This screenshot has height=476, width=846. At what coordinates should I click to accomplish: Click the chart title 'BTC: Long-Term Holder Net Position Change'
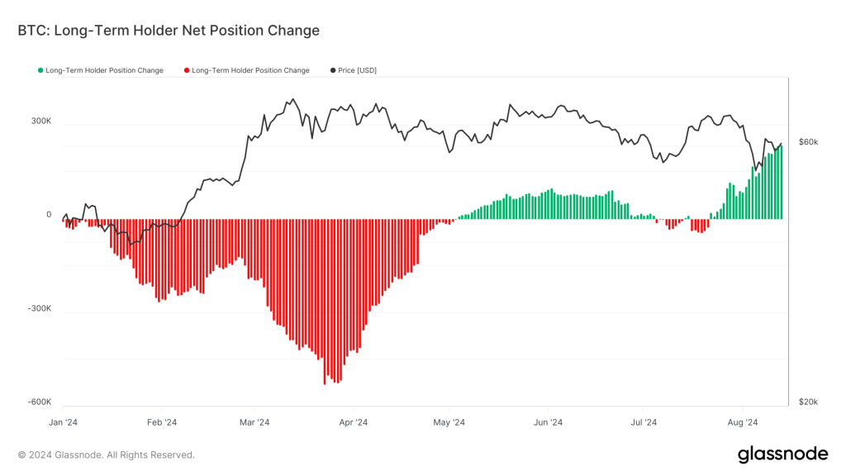coord(169,31)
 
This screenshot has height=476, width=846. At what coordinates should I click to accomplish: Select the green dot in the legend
coord(40,71)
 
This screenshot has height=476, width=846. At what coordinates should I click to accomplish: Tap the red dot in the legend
coord(187,71)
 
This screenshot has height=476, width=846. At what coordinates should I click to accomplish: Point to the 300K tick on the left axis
coord(41,121)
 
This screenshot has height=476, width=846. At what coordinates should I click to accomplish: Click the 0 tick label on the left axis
coord(49,215)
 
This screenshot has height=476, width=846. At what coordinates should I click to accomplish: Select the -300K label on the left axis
coord(40,308)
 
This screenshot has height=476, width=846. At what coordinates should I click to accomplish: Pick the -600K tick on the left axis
coord(40,402)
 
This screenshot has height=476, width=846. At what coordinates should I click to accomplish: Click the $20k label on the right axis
coord(808,402)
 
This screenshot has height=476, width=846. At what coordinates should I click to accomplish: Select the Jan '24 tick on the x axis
coord(64,423)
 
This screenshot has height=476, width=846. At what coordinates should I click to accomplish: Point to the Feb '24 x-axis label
coord(161,423)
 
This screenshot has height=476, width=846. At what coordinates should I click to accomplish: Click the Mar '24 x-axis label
coord(254,423)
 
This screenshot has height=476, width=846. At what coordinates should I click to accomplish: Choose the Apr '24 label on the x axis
coord(353,423)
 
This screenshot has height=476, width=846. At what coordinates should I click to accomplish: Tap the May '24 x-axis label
coord(449,423)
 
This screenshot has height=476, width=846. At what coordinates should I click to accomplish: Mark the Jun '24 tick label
coord(548,423)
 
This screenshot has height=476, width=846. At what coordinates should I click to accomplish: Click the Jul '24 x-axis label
coord(643,423)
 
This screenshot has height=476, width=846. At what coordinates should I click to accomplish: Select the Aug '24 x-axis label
coord(742,423)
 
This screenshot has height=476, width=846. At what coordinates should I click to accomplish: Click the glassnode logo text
coord(782,454)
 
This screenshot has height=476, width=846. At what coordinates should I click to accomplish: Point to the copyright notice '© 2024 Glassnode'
coord(107,455)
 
